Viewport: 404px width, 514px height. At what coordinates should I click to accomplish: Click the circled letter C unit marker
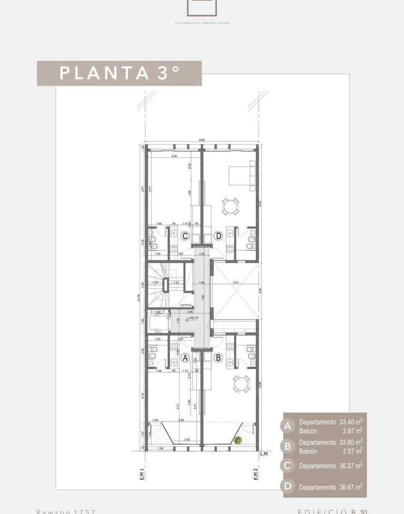point(185,236)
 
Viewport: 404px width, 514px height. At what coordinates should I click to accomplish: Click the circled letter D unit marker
point(218,236)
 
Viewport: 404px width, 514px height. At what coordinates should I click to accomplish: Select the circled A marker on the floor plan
point(185,357)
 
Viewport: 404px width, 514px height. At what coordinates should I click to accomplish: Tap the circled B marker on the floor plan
point(218,357)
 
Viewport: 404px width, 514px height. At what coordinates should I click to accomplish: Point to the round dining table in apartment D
point(231,207)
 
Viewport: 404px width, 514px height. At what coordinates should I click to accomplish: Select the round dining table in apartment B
point(241,384)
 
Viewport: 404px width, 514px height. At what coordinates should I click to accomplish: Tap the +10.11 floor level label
point(194,318)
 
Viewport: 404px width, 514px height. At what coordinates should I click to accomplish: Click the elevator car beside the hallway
point(158,323)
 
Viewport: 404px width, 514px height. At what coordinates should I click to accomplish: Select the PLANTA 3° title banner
point(119,73)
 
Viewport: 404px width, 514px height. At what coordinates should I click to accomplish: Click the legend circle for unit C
point(288,465)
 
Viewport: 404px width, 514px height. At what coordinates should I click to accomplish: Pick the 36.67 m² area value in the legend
point(351,487)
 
